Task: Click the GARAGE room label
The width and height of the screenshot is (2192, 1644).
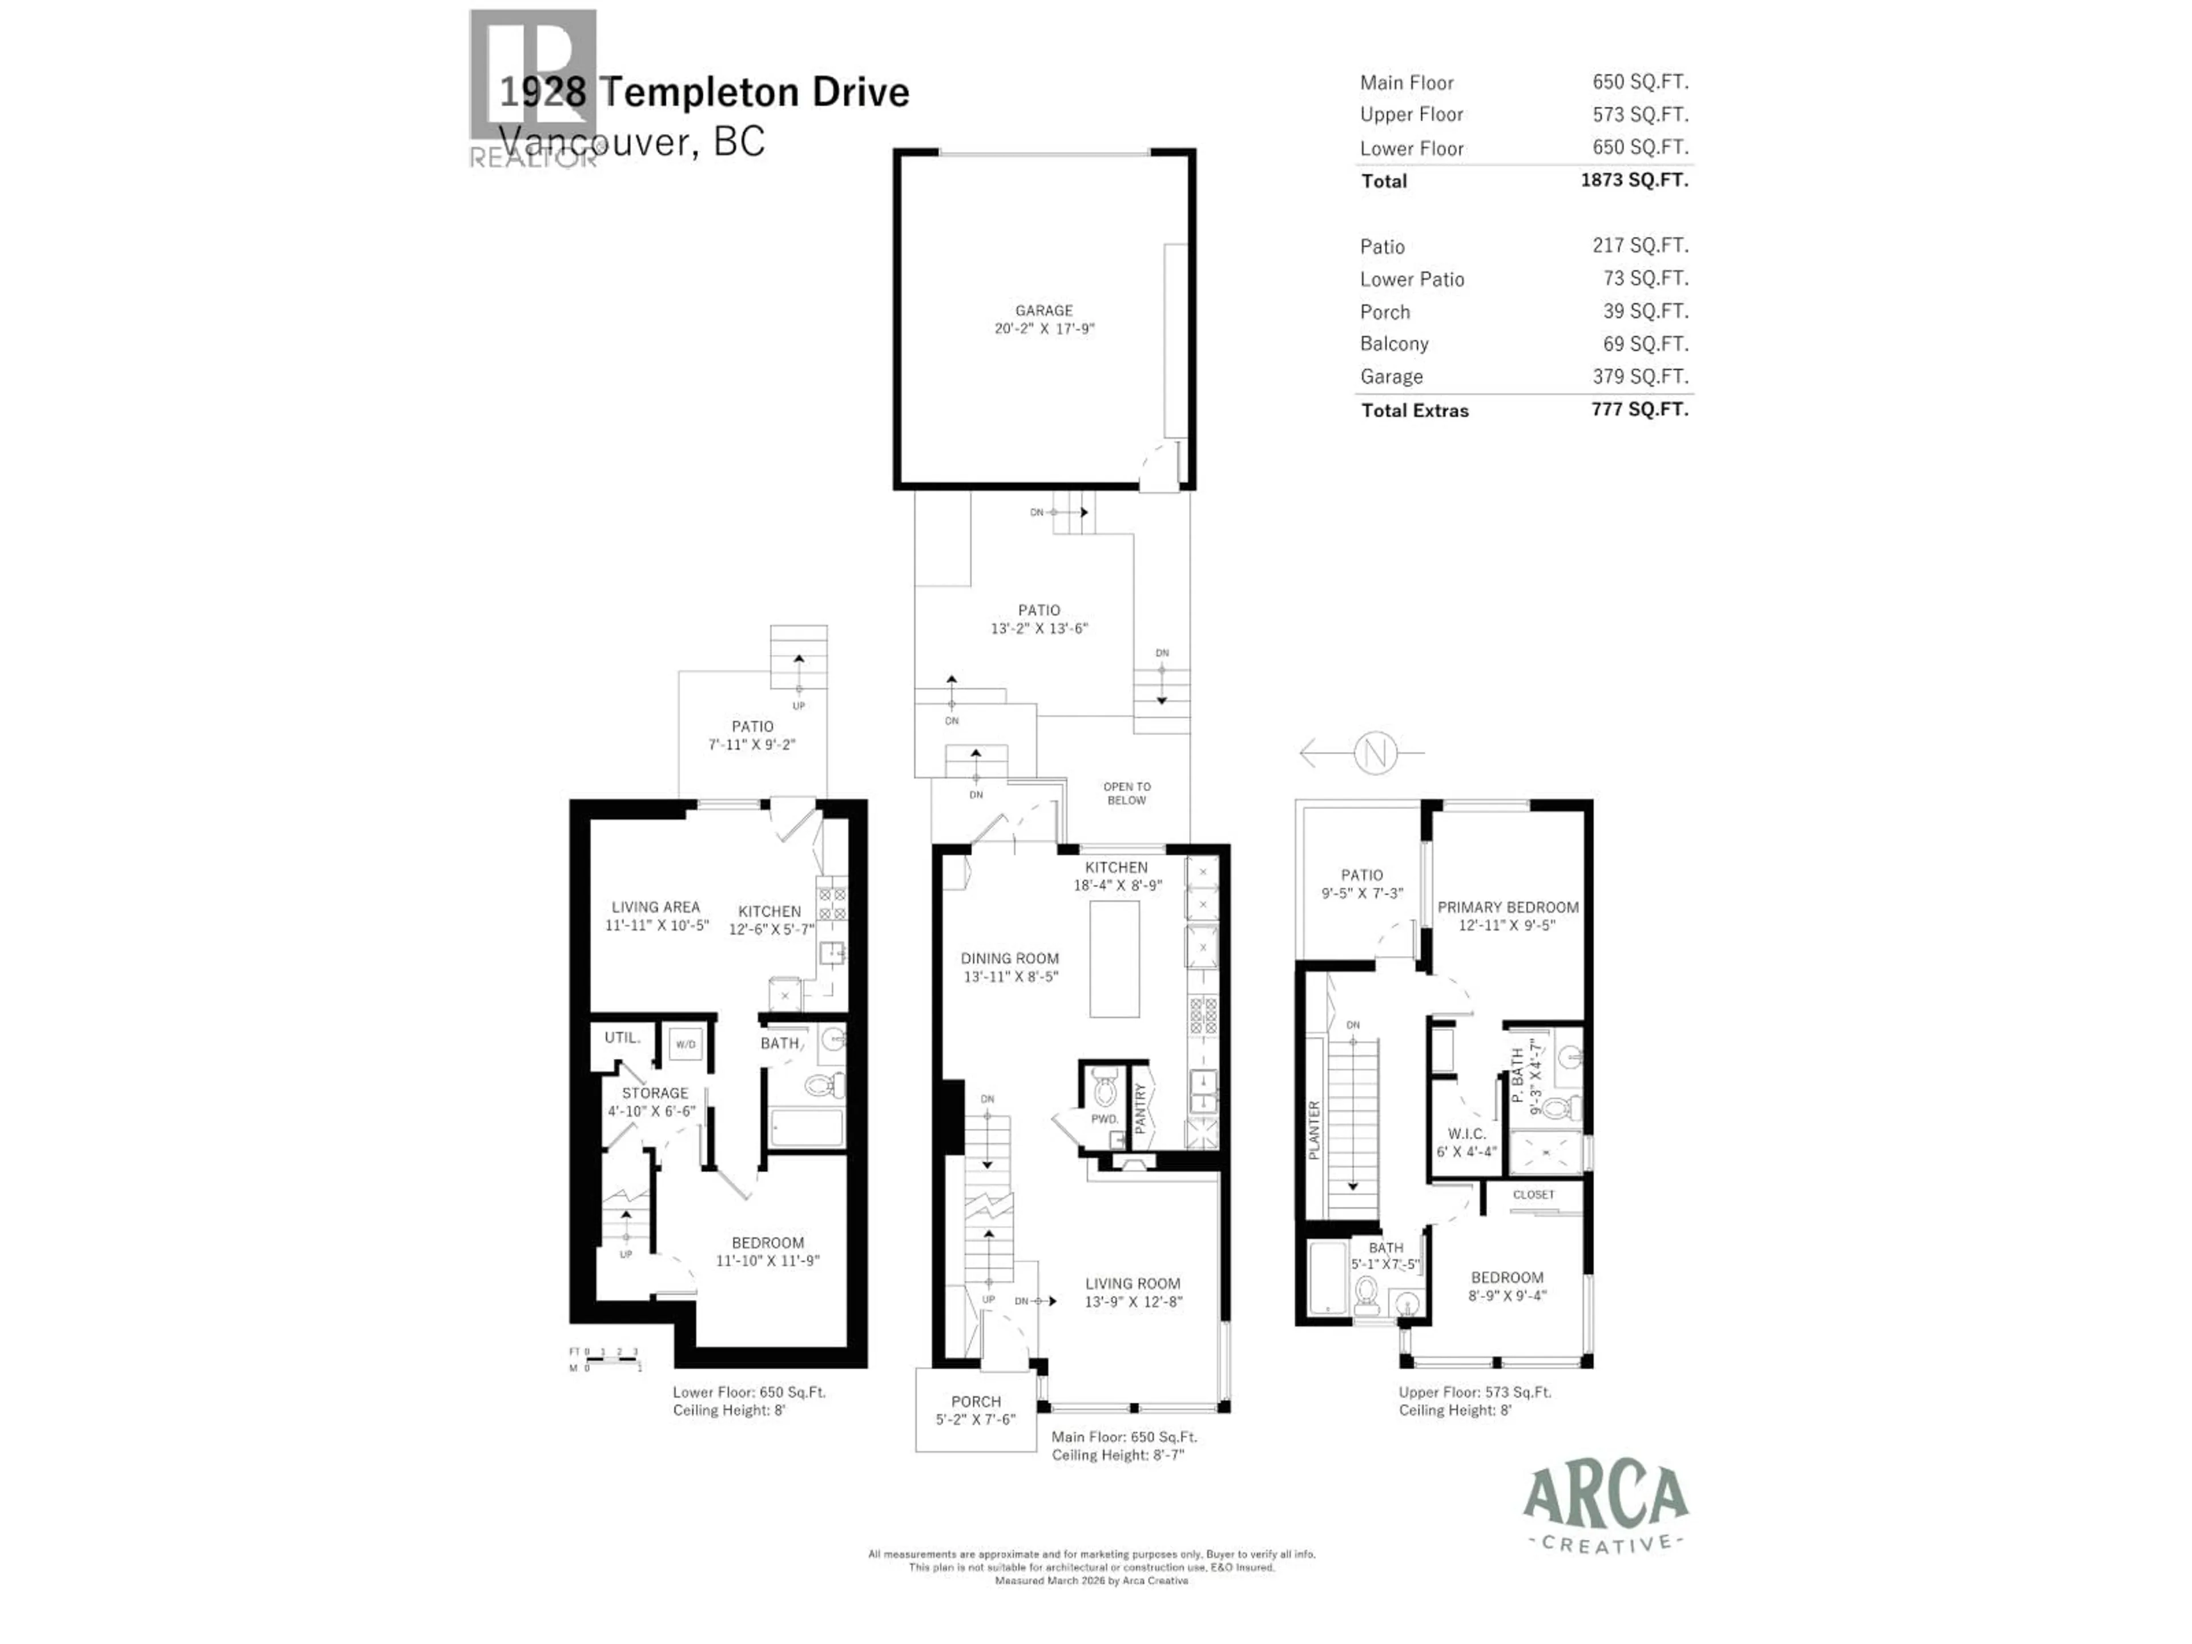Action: click(x=1043, y=310)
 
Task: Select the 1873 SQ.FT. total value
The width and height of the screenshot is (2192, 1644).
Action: click(x=1634, y=180)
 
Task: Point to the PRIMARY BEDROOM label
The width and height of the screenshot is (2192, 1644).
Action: click(x=1507, y=906)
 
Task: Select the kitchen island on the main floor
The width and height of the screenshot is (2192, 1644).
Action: click(x=1114, y=959)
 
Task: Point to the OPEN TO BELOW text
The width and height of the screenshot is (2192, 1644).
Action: click(x=1127, y=793)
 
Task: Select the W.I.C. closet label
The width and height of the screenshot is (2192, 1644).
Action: click(x=1466, y=1134)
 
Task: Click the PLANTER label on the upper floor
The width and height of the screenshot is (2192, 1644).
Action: click(x=1314, y=1130)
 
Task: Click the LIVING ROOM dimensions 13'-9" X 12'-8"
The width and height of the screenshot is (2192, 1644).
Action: click(x=1133, y=1301)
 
